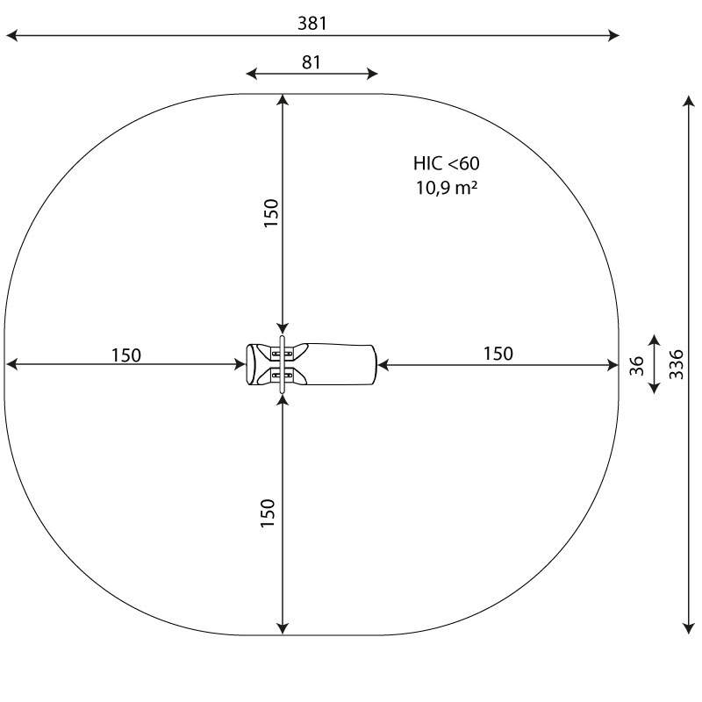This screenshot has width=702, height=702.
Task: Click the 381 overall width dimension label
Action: click(x=312, y=24)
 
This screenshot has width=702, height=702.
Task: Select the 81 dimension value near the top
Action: click(x=312, y=62)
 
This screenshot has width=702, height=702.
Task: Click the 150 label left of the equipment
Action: click(x=125, y=355)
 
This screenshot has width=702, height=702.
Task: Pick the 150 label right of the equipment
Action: click(x=498, y=353)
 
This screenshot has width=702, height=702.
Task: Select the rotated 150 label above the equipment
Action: click(x=270, y=213)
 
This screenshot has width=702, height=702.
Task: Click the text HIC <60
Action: click(x=447, y=163)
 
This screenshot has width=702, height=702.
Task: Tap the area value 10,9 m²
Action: click(x=447, y=186)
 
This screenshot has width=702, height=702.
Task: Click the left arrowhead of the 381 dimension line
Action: click(x=11, y=36)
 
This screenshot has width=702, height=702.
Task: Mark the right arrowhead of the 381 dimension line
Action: click(x=614, y=36)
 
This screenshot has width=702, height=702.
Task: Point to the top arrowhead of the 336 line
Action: click(x=688, y=99)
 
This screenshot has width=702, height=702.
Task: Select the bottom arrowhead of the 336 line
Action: click(x=688, y=627)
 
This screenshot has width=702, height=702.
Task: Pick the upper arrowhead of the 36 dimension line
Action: click(x=654, y=338)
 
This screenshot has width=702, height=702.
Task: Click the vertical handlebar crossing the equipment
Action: click(x=282, y=364)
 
